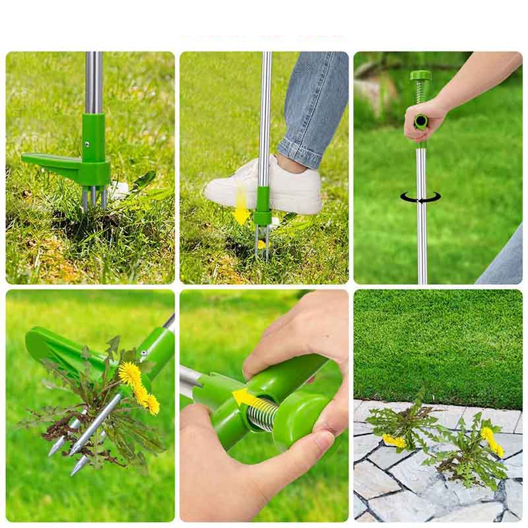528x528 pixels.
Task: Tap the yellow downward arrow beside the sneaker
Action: pos(242,205)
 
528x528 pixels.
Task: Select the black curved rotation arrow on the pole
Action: pos(420,197)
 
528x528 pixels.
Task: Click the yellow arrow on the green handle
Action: pos(244,398)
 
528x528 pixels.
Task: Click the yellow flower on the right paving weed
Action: pos(492,442)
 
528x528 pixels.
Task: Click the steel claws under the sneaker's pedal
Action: pos(262,242)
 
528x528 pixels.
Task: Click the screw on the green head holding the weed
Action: pos(143,356)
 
